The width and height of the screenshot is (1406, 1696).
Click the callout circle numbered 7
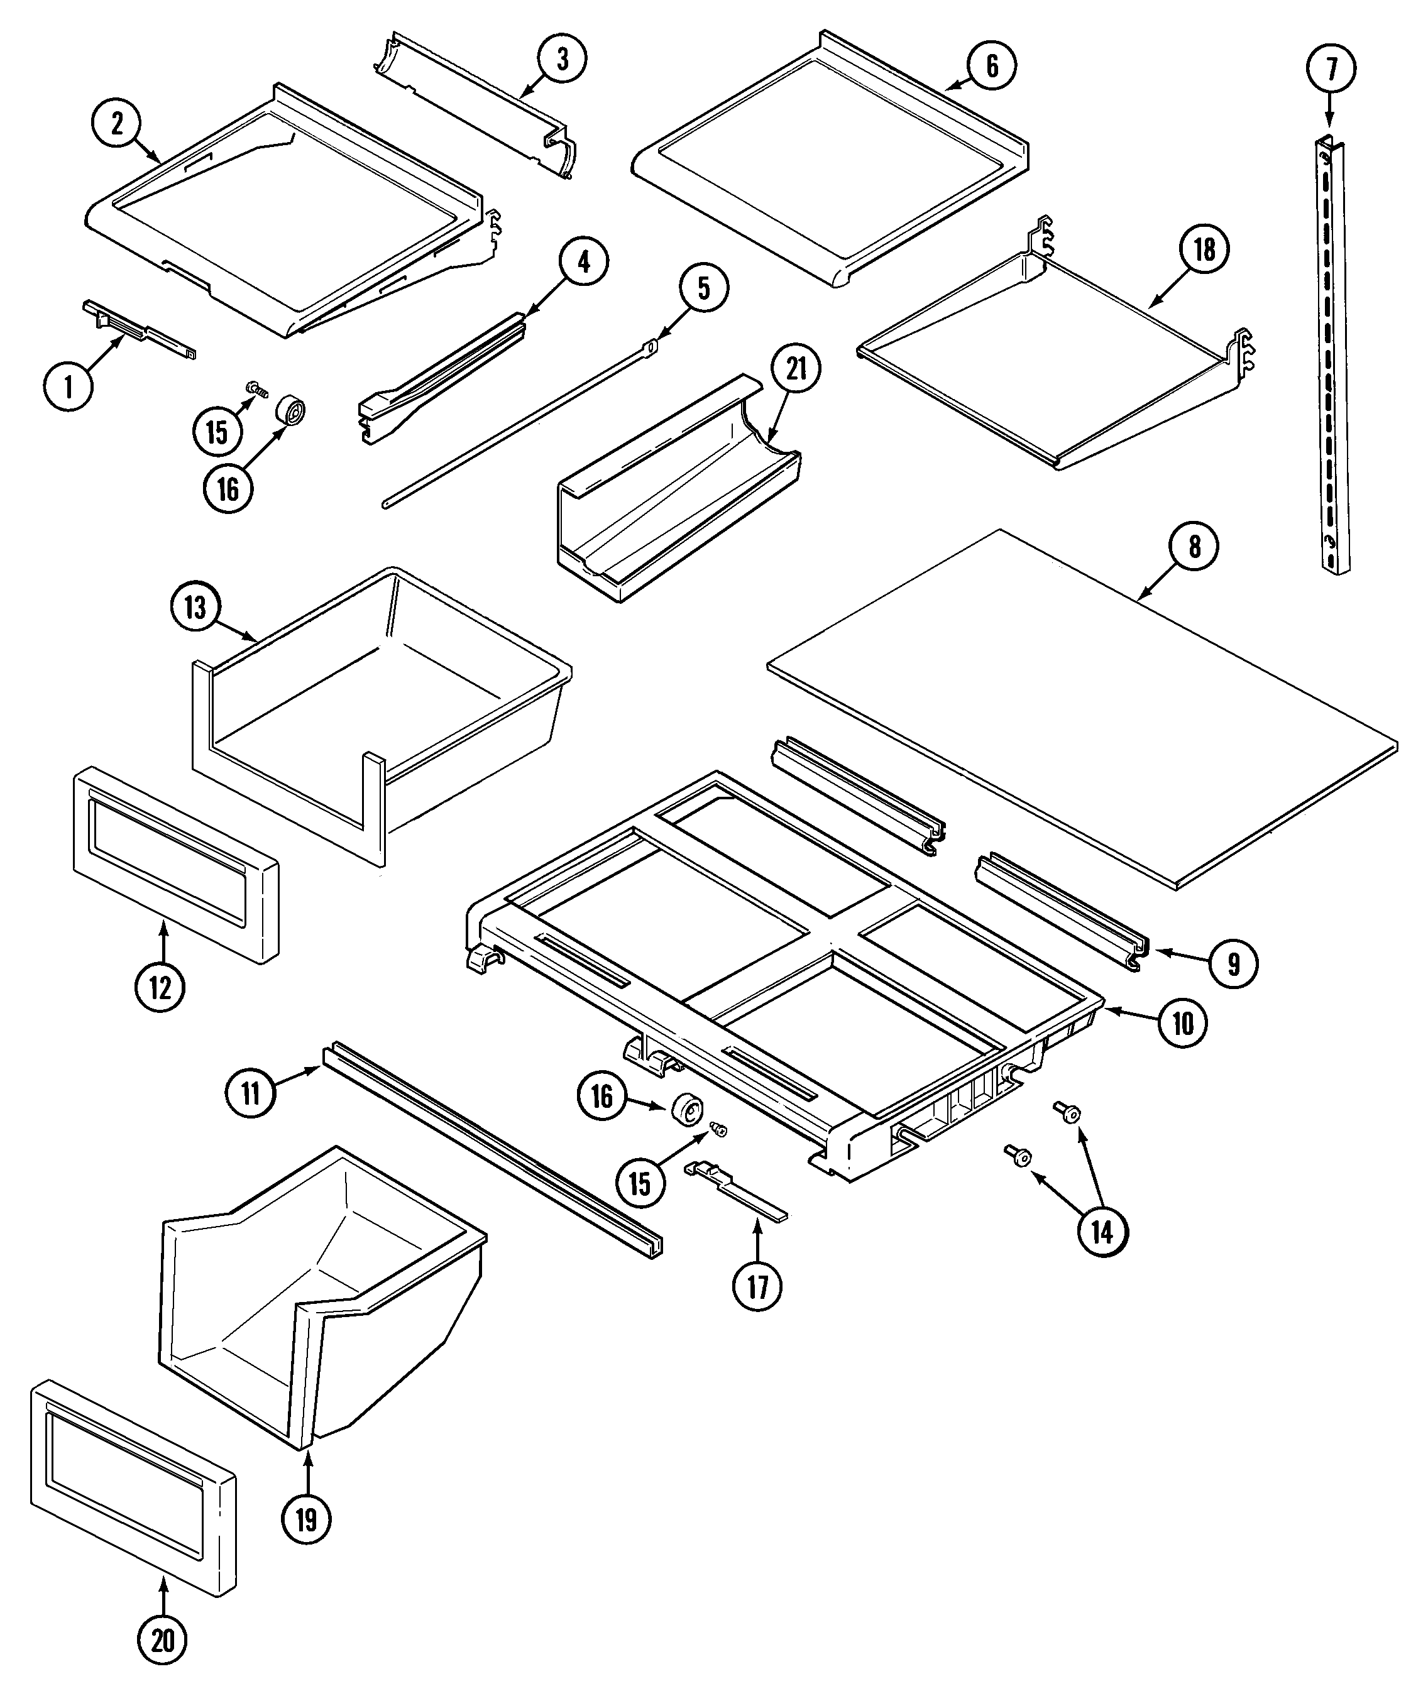point(1330,68)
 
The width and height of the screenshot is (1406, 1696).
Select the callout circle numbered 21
point(796,370)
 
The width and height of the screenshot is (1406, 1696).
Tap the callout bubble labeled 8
point(1194,547)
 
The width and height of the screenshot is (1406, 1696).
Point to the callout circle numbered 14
point(1102,1232)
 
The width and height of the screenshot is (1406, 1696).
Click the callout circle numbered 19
point(306,1521)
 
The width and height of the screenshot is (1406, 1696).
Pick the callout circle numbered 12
point(160,987)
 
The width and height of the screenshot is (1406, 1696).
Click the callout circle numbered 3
point(562,59)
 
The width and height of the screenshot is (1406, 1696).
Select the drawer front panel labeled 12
point(176,865)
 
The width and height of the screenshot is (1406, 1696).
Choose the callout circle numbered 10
point(1182,1023)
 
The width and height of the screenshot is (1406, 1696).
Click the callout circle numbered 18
point(1203,249)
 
